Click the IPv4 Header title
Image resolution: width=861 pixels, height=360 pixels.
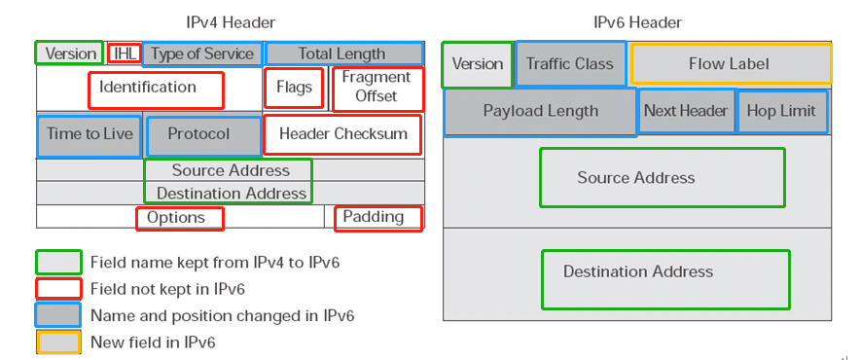tap(230, 22)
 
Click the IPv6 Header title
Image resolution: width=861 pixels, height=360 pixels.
tap(637, 22)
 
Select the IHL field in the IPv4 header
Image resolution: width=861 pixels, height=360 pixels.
tap(124, 54)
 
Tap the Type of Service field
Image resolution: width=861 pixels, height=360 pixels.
tap(202, 54)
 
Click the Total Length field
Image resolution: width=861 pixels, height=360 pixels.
tap(341, 54)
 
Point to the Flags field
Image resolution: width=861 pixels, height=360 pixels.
tap(294, 89)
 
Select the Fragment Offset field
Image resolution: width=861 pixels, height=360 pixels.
tap(377, 89)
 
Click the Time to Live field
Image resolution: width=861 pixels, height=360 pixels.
tap(89, 135)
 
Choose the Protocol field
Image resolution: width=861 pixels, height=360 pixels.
tap(203, 135)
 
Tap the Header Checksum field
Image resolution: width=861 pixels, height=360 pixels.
tap(342, 134)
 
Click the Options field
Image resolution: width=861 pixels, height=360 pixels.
tap(180, 218)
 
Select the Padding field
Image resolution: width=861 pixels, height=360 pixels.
tap(377, 218)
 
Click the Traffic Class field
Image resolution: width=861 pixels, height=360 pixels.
tap(570, 63)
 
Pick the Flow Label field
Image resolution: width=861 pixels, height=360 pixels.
tap(730, 64)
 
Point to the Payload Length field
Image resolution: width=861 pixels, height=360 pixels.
tap(541, 112)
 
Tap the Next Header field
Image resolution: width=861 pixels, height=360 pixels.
tap(686, 111)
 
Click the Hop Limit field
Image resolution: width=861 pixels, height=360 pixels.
tap(782, 111)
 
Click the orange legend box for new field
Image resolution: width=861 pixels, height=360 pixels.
tap(57, 342)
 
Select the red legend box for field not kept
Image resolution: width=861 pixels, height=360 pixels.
tap(57, 289)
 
